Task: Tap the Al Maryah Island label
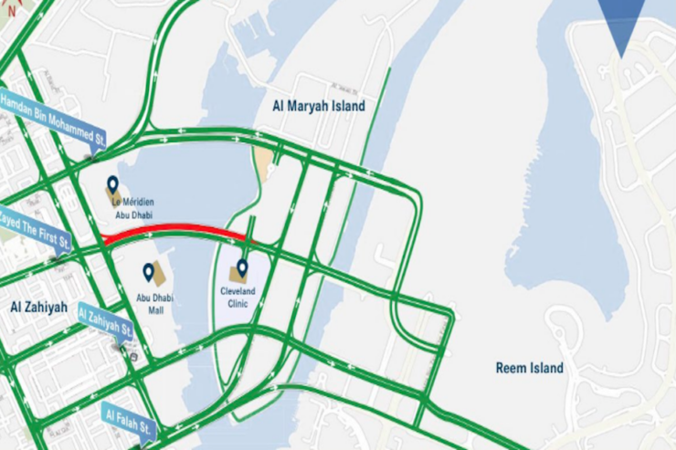[319, 106]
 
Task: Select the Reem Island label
[529, 369]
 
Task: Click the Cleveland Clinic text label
[238, 298]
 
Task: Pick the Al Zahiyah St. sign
[105, 320]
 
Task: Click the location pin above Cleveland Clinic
[242, 267]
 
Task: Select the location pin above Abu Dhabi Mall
[148, 271]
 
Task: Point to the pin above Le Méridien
[112, 184]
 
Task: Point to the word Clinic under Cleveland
[238, 303]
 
